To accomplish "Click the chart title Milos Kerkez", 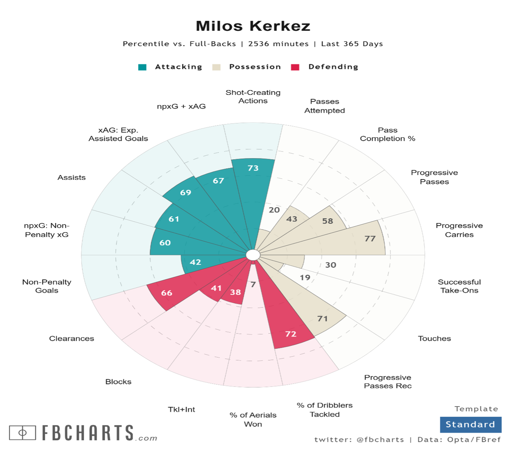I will [253, 26].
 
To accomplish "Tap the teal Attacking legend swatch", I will [142, 67].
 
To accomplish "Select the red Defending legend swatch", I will [295, 67].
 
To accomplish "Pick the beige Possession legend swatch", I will [217, 67].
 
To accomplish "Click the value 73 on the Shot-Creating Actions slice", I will [253, 168].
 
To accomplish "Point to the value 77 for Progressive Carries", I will [370, 239].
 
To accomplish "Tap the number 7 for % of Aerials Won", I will [253, 284].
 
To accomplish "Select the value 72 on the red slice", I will [291, 334].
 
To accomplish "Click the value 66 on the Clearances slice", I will [167, 293].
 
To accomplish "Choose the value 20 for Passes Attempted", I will [274, 210].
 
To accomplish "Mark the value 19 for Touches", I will [305, 278].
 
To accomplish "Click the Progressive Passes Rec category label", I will [388, 381].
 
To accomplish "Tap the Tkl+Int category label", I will [181, 409].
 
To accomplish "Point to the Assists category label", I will [72, 178].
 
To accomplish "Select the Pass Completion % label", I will [388, 134].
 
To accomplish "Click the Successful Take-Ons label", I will [459, 286].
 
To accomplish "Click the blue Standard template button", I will [470, 425].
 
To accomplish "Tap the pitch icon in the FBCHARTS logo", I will [23, 433].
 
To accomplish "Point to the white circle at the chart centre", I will [253, 255].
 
